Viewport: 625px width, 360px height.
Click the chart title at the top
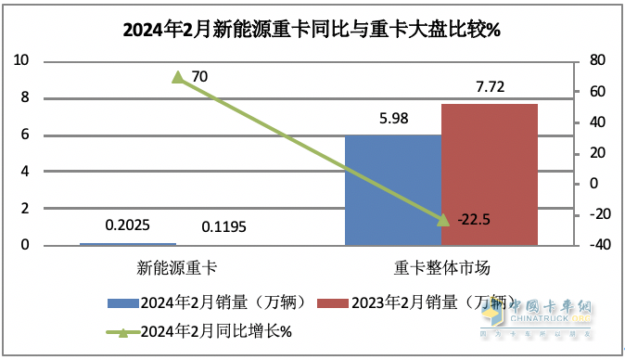click(x=312, y=29)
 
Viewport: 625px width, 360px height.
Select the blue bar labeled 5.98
click(x=392, y=190)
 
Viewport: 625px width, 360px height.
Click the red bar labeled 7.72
click(x=490, y=174)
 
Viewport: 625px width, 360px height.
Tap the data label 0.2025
click(x=127, y=225)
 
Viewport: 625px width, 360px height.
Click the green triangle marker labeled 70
click(x=177, y=76)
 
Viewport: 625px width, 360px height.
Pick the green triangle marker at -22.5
click(x=441, y=219)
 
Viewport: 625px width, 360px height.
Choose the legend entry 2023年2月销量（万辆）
click(x=415, y=302)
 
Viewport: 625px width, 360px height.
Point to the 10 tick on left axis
click(x=20, y=60)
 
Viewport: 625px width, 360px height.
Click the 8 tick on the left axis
click(x=24, y=97)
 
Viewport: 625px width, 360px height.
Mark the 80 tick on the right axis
click(x=598, y=60)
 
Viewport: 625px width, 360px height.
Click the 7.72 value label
click(x=490, y=87)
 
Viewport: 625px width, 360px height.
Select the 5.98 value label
click(x=392, y=119)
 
